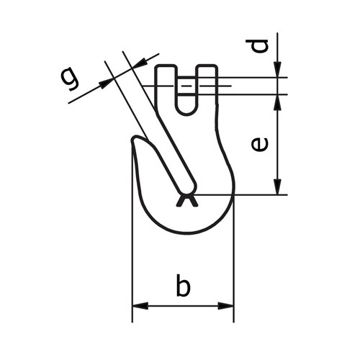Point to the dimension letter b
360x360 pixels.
tap(184, 286)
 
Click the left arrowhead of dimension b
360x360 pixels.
tap(140, 306)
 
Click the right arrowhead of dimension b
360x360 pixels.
tap(227, 306)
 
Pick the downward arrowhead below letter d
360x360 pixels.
tap(278, 70)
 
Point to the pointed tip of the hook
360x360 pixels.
tap(134, 141)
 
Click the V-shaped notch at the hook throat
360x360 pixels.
tap(186, 201)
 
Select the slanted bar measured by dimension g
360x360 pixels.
tap(155, 122)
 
